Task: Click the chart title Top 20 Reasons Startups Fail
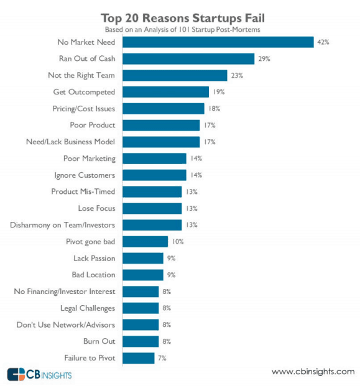coord(180,17)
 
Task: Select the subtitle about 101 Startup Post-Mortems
coord(180,29)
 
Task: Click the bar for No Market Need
coord(218,42)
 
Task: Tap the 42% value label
coord(322,42)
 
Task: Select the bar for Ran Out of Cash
coord(188,59)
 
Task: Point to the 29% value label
coord(264,59)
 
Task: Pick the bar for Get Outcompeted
coord(165,92)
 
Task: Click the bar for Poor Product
coord(161,125)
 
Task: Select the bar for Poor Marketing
coord(154,159)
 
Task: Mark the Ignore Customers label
coord(85,175)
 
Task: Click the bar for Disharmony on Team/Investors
coord(152,225)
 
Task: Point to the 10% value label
coord(177,241)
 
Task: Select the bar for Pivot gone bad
coord(145,241)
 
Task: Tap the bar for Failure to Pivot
coord(138,358)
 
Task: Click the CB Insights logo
coord(39,374)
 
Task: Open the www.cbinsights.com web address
coord(313,372)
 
